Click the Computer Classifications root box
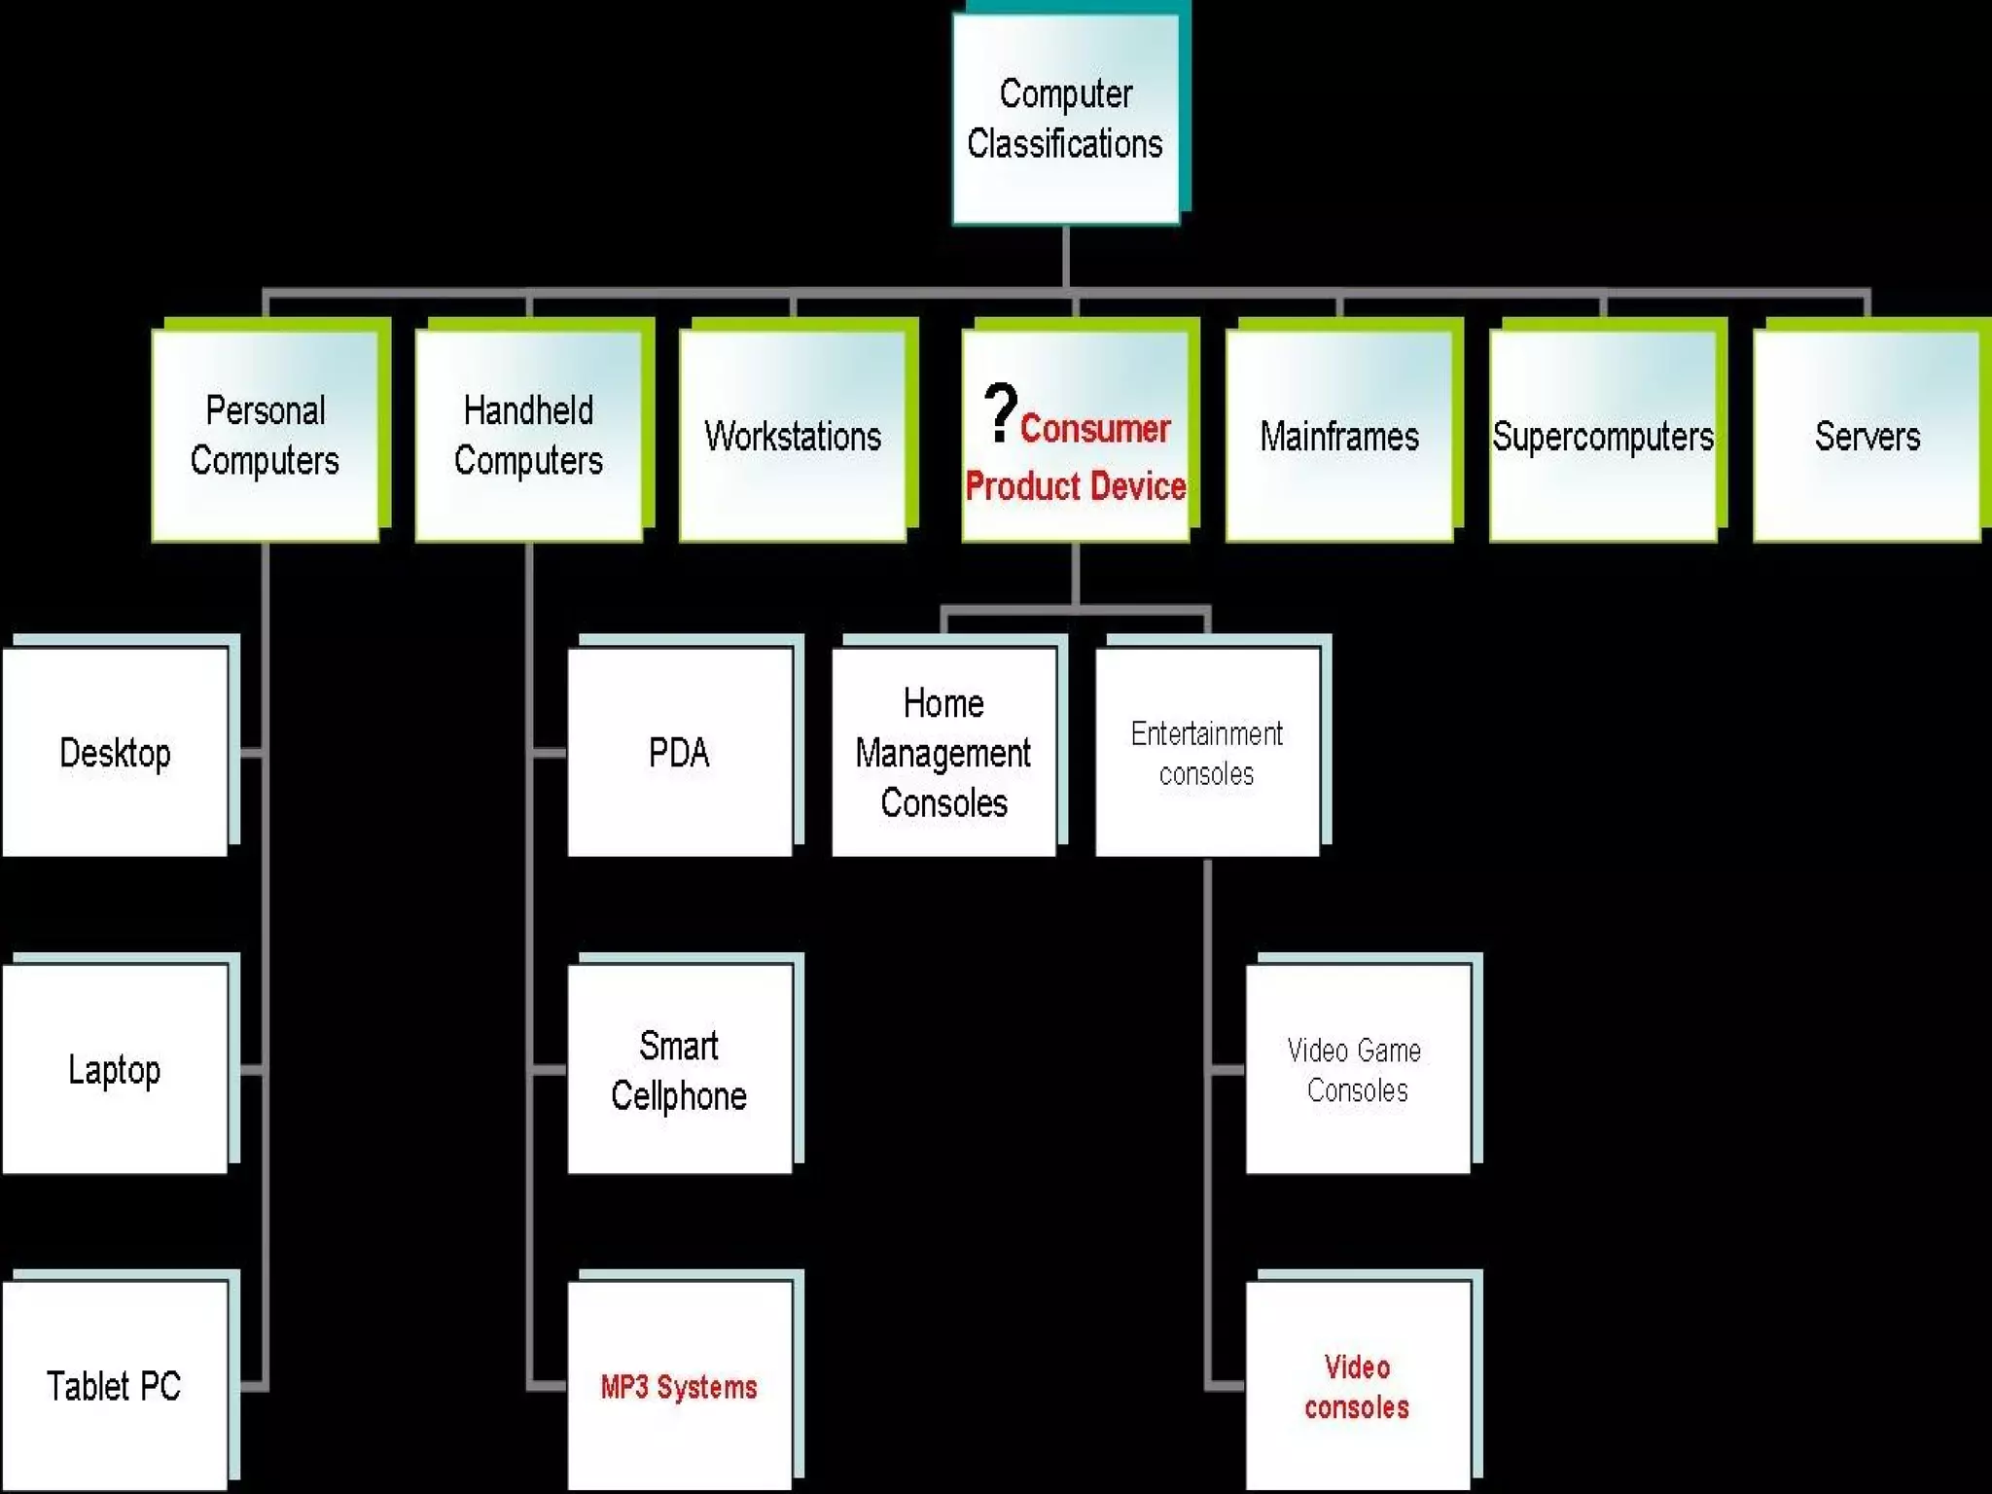pos(1065,119)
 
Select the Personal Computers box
pos(265,435)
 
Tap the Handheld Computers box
pos(528,435)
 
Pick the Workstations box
pos(793,435)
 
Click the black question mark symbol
pos(1000,412)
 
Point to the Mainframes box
pos(1339,435)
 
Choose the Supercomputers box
pos(1603,435)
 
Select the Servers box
pos(1867,435)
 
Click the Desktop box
pos(115,752)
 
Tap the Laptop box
pos(115,1069)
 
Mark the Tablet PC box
pos(115,1385)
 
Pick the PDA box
pos(679,752)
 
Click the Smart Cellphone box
pos(679,1069)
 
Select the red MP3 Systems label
pos(679,1386)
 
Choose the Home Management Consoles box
pos(943,752)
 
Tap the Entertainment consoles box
pos(1207,752)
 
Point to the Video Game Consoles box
pos(1357,1069)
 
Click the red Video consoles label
pos(1357,1386)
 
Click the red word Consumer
pos(1094,428)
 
